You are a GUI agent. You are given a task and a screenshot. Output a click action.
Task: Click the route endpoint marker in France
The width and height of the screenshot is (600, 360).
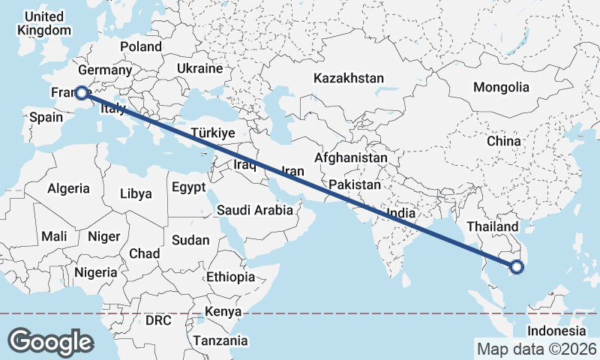click(81, 94)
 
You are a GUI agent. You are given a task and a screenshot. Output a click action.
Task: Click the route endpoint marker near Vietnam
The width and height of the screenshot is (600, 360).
click(516, 266)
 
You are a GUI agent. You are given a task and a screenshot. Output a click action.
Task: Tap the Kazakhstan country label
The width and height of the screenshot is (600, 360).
click(349, 78)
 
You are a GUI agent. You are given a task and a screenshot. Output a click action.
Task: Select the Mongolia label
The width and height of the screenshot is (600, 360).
click(501, 87)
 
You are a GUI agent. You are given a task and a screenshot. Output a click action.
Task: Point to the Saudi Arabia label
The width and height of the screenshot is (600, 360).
click(255, 210)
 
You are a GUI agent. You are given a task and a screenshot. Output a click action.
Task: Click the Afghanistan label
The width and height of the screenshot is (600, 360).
click(351, 158)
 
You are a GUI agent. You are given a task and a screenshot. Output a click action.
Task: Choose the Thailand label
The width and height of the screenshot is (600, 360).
click(492, 226)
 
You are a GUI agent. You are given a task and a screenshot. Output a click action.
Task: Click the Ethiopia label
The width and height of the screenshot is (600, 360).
click(231, 277)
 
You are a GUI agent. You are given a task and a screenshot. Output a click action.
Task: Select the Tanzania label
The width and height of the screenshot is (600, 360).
click(220, 340)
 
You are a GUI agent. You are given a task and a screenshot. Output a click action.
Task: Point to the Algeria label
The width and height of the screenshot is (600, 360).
click(68, 189)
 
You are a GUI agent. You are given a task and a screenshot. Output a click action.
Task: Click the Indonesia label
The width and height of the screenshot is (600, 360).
click(556, 331)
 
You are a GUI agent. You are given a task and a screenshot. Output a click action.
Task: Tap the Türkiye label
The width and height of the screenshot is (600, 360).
click(213, 133)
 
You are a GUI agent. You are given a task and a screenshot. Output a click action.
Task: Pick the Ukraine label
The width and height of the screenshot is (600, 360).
click(199, 68)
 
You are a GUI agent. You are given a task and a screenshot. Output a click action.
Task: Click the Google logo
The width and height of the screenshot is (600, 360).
click(50, 341)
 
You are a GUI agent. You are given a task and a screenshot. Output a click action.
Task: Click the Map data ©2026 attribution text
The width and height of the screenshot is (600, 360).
click(536, 349)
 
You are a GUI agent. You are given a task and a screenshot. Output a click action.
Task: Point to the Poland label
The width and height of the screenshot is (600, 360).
click(140, 46)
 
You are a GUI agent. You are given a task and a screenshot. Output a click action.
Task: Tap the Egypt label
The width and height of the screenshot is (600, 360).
click(188, 187)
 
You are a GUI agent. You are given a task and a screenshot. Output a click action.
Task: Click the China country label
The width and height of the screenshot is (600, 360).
click(503, 141)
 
